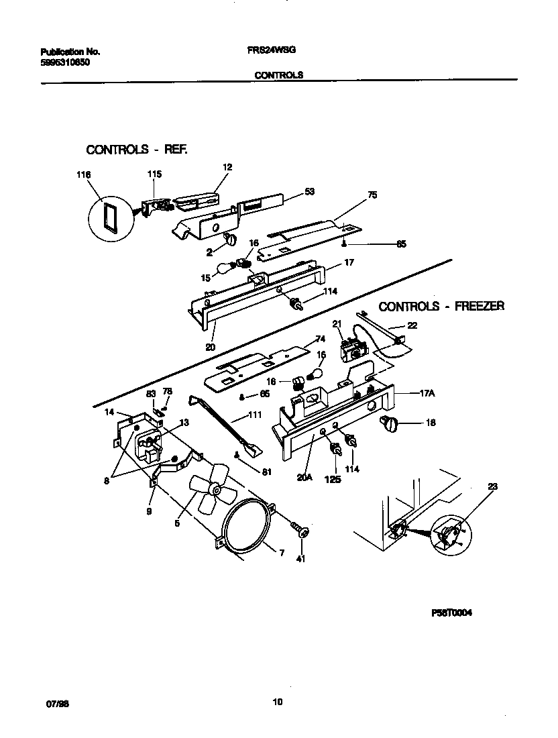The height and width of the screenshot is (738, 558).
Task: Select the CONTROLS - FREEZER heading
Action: pyautogui.click(x=441, y=307)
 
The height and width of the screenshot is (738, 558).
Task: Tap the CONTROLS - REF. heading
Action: pyautogui.click(x=136, y=150)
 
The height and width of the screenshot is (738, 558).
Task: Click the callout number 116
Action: pyautogui.click(x=83, y=174)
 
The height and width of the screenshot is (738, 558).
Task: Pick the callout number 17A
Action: pyautogui.click(x=427, y=394)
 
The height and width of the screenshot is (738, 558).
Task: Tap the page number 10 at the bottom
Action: pyautogui.click(x=277, y=702)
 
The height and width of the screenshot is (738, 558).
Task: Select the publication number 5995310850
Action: pyautogui.click(x=65, y=62)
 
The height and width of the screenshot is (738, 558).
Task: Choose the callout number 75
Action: pyautogui.click(x=372, y=195)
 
